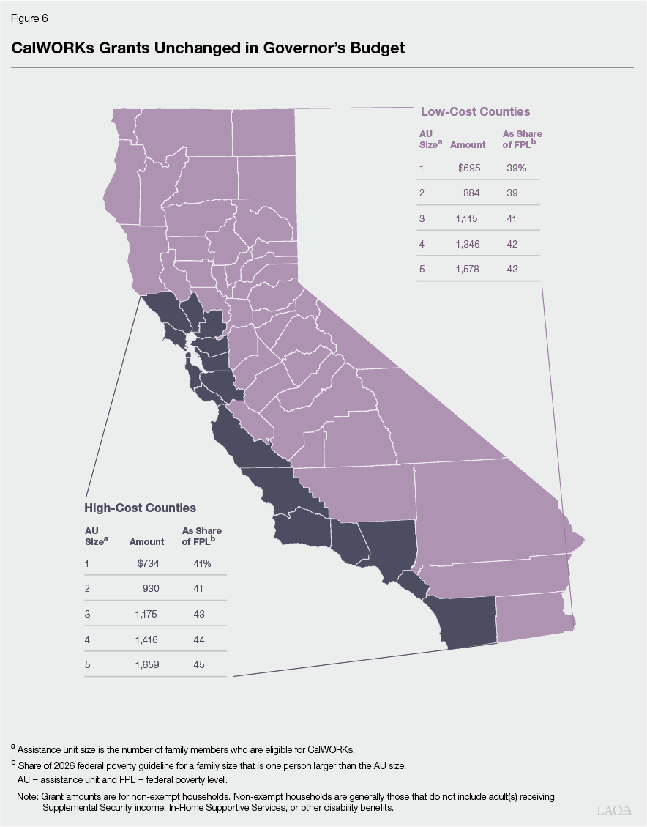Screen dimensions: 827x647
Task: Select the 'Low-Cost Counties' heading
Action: point(475,112)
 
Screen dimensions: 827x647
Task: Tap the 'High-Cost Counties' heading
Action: point(141,508)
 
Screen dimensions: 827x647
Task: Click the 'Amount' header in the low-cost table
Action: point(468,145)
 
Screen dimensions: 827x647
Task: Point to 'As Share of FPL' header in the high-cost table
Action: point(201,536)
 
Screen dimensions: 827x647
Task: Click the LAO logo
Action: point(613,810)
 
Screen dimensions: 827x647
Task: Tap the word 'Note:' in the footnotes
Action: point(28,796)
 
